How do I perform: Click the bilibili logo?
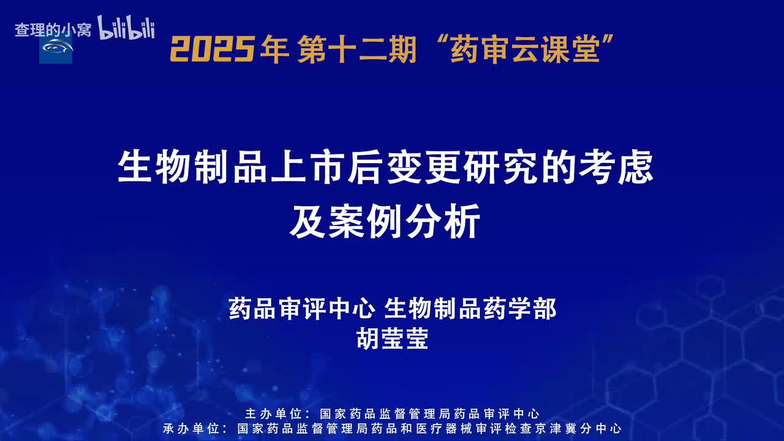(x=126, y=28)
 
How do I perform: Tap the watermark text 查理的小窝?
(x=53, y=30)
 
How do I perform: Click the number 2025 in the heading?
(x=212, y=49)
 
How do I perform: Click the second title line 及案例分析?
(x=385, y=224)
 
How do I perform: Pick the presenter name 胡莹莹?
(x=392, y=339)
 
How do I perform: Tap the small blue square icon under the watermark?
(x=56, y=48)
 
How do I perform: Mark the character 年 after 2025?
(x=274, y=49)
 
